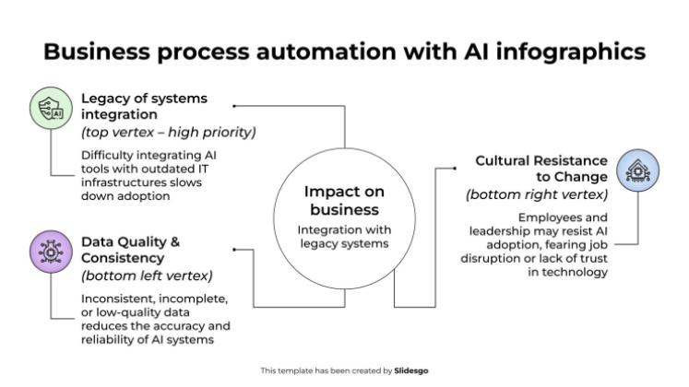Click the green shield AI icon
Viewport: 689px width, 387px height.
click(x=50, y=108)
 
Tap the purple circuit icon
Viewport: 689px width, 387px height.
click(x=50, y=251)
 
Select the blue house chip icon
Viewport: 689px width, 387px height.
click(x=638, y=172)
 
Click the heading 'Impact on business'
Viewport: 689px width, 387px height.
click(x=344, y=200)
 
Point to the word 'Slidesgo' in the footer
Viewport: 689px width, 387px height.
click(x=411, y=370)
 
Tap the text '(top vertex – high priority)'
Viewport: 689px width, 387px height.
click(x=169, y=133)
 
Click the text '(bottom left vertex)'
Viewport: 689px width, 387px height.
click(x=147, y=276)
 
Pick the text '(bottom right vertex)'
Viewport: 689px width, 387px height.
click(x=537, y=194)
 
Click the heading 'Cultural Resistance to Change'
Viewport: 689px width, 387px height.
click(x=541, y=169)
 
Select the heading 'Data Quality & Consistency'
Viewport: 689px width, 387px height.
click(x=130, y=250)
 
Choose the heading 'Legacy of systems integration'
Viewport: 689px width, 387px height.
click(x=144, y=106)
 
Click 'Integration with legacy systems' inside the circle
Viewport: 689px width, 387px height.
click(x=344, y=236)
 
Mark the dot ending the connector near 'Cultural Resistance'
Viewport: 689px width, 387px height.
click(x=457, y=169)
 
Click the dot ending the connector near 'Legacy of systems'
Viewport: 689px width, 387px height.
click(x=234, y=107)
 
